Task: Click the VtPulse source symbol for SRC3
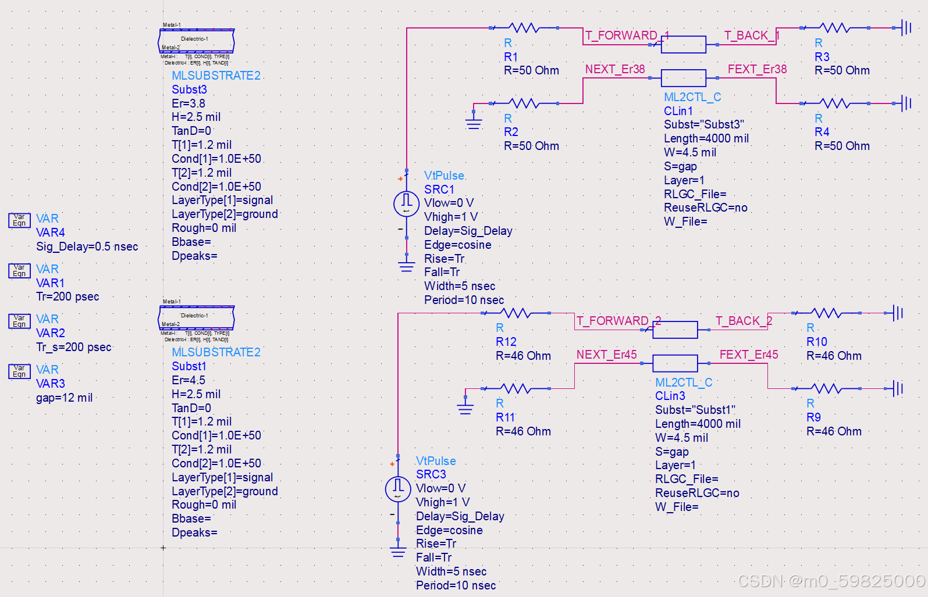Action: click(398, 488)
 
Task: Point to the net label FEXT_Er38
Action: click(757, 69)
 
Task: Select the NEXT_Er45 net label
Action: click(606, 355)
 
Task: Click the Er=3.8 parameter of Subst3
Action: click(189, 103)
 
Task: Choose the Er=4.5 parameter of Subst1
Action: click(189, 380)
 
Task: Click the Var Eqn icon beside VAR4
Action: click(19, 220)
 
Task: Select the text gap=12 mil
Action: click(64, 398)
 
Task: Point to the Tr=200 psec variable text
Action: click(67, 296)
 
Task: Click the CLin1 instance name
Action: click(678, 111)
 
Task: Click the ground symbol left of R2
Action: click(474, 120)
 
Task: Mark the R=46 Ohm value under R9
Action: click(834, 431)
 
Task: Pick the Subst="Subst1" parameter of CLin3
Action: click(695, 410)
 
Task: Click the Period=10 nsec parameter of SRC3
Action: click(456, 585)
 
